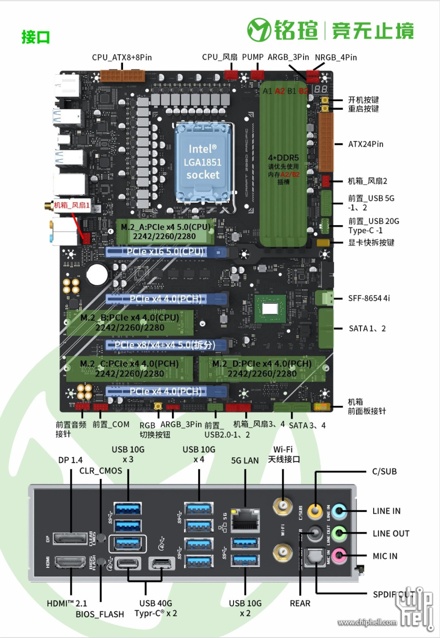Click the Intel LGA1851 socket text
tap(203, 162)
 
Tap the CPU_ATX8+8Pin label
tap(122, 58)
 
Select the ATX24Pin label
tap(365, 144)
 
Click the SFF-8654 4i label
tap(369, 298)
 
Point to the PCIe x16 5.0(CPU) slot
tap(166, 252)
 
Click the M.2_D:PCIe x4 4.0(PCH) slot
tap(262, 369)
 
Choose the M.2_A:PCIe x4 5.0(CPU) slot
tap(165, 232)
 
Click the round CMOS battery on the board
tap(97, 274)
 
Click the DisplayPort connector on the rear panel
tap(70, 539)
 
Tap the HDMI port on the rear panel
tap(70, 562)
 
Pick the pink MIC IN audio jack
tap(339, 556)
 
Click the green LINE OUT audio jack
tap(339, 533)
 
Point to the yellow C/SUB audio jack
tap(315, 511)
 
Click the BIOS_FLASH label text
tap(100, 614)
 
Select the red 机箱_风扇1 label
tap(72, 205)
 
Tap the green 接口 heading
tap(35, 37)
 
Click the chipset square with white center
tap(270, 308)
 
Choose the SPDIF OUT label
tap(393, 594)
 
